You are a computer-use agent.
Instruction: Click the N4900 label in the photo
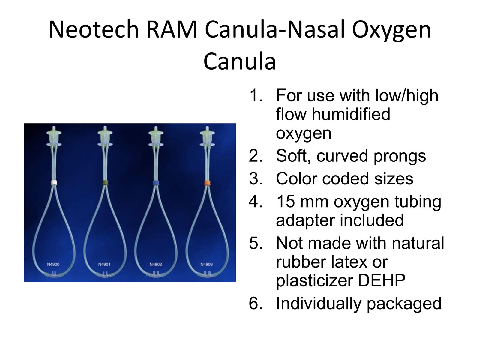[x=53, y=265]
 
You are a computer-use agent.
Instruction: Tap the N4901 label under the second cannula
[x=104, y=265]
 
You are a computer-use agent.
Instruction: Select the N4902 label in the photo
[x=156, y=265]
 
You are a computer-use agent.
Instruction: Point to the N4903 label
[x=207, y=265]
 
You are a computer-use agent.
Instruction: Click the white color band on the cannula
[x=54, y=183]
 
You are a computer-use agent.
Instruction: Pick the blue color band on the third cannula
[x=156, y=183]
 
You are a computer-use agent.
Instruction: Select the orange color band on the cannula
[x=207, y=183]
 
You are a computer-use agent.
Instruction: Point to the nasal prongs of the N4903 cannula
[x=207, y=273]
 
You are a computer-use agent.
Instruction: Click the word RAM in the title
[x=172, y=29]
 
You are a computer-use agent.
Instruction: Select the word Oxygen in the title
[x=391, y=31]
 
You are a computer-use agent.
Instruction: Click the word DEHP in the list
[x=381, y=281]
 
